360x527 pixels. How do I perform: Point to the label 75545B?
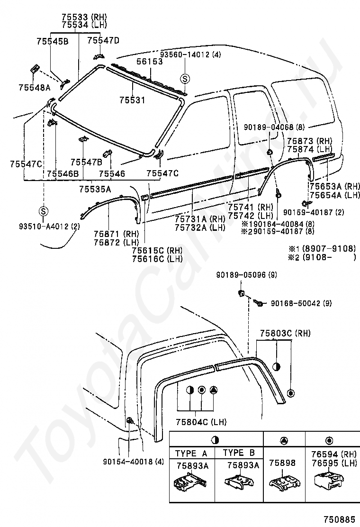click(x=52, y=42)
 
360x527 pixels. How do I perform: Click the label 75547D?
click(x=103, y=40)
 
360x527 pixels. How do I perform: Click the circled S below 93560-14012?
click(x=185, y=79)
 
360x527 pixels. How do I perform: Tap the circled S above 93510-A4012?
click(x=43, y=211)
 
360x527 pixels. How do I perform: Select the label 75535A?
click(x=95, y=189)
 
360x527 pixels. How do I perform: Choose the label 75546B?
click(x=63, y=174)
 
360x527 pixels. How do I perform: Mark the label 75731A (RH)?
click(x=199, y=219)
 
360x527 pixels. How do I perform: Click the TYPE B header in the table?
click(x=239, y=453)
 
